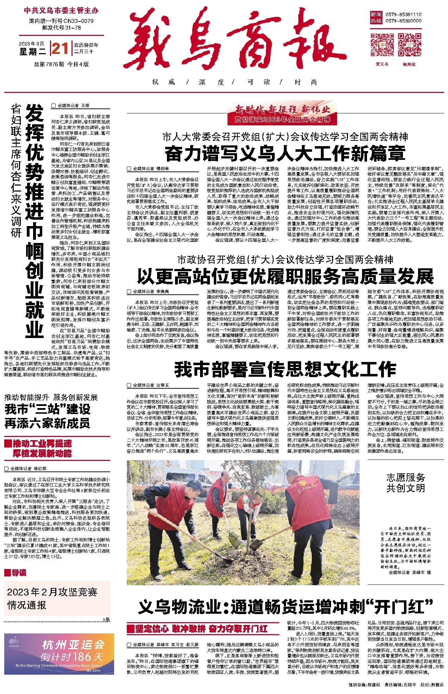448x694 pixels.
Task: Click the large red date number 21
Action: pyautogui.click(x=60, y=48)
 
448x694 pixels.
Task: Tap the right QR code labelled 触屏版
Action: pyautogui.click(x=409, y=45)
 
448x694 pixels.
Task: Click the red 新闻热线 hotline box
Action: pyautogui.click(x=376, y=18)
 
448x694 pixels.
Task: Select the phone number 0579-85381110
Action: pyautogui.click(x=403, y=14)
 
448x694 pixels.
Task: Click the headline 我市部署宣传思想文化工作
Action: pyautogui.click(x=285, y=369)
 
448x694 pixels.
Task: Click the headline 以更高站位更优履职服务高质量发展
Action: pyautogui.click(x=285, y=276)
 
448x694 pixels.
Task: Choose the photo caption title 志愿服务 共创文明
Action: pyautogui.click(x=406, y=483)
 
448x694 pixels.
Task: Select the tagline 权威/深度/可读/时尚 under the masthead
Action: pyautogui.click(x=234, y=82)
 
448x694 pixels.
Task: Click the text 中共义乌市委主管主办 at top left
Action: pyautogui.click(x=61, y=11)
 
